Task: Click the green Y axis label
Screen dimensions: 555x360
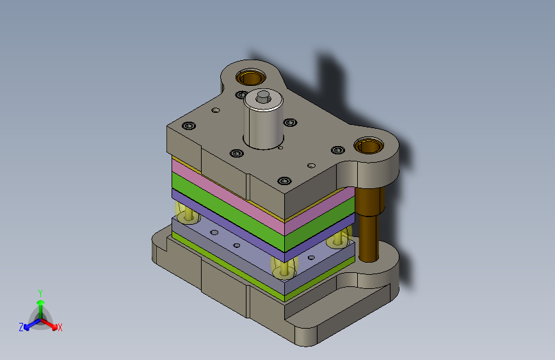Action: point(40,293)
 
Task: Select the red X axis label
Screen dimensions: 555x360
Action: point(60,327)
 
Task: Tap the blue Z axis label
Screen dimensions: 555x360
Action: point(21,327)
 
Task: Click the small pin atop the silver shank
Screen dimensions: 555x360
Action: point(263,96)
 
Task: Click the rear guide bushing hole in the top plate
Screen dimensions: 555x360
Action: point(250,78)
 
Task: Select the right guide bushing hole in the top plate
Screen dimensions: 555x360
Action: point(369,145)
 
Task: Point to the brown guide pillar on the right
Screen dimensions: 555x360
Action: point(369,225)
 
